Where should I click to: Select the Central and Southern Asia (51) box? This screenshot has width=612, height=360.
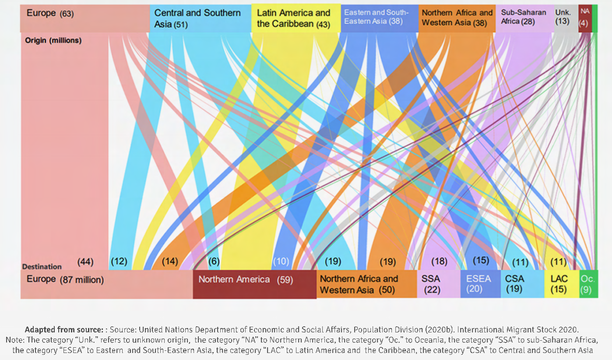tap(200, 18)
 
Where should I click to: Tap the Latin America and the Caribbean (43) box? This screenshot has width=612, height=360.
tap(296, 18)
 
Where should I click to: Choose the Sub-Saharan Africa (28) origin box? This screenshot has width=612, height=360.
tap(524, 18)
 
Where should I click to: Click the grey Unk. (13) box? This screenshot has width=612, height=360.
tap(566, 18)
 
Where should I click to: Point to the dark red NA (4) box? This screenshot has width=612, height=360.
tap(585, 18)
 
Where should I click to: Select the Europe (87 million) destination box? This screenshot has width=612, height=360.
tap(106, 284)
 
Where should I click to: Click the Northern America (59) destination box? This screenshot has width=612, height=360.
tap(254, 284)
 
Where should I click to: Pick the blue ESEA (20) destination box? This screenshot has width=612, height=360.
tap(480, 284)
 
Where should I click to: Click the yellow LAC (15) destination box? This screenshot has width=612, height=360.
tap(562, 284)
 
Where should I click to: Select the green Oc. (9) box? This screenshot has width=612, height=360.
tap(588, 284)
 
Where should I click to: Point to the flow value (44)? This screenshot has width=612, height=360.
tap(85, 261)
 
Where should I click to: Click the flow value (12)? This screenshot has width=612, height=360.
tap(119, 261)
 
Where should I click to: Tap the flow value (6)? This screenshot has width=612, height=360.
tap(214, 261)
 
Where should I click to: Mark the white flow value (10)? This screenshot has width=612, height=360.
tap(281, 261)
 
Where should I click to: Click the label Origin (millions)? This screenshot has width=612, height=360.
tap(53, 40)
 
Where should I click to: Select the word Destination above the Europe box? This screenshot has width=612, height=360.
tap(42, 266)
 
